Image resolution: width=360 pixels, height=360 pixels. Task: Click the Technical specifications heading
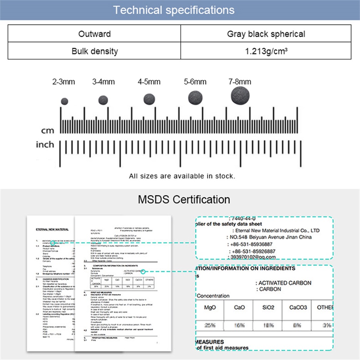(x=173, y=10)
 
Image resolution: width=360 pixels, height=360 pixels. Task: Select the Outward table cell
(x=95, y=34)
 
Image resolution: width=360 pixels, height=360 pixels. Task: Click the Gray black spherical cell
(x=266, y=34)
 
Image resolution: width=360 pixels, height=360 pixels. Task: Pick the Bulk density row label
(x=95, y=51)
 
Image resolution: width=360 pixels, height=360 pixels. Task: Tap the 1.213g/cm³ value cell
(x=266, y=51)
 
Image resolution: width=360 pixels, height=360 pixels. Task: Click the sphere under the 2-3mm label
(x=65, y=102)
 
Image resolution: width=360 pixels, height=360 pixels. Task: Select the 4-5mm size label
(x=149, y=82)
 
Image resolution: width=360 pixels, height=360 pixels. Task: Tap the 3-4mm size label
(x=103, y=82)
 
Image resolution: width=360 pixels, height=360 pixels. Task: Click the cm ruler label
(x=48, y=131)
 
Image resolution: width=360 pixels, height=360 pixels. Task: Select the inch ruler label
(x=45, y=145)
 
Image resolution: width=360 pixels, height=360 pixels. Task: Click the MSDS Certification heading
(x=184, y=200)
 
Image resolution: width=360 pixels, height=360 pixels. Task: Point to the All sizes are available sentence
(x=182, y=176)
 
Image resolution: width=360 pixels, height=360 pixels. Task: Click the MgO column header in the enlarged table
(x=210, y=307)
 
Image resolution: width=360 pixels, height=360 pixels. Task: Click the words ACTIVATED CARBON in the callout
(x=285, y=283)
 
